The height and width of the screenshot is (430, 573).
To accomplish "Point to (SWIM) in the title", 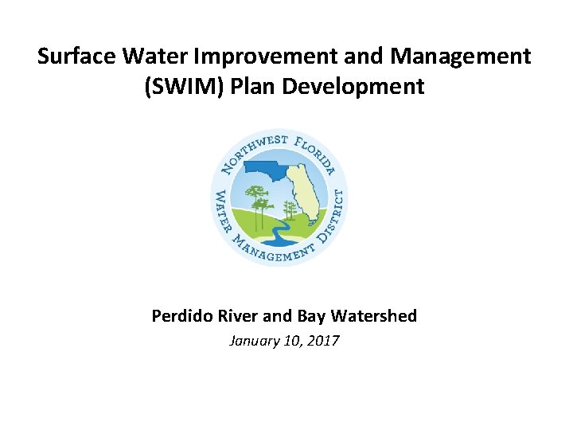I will coord(177,86).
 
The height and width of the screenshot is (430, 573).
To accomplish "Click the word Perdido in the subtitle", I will coord(180,316).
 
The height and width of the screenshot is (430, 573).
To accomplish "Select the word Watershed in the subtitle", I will coord(376,316).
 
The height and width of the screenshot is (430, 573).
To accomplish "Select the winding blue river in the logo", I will coord(275,234).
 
